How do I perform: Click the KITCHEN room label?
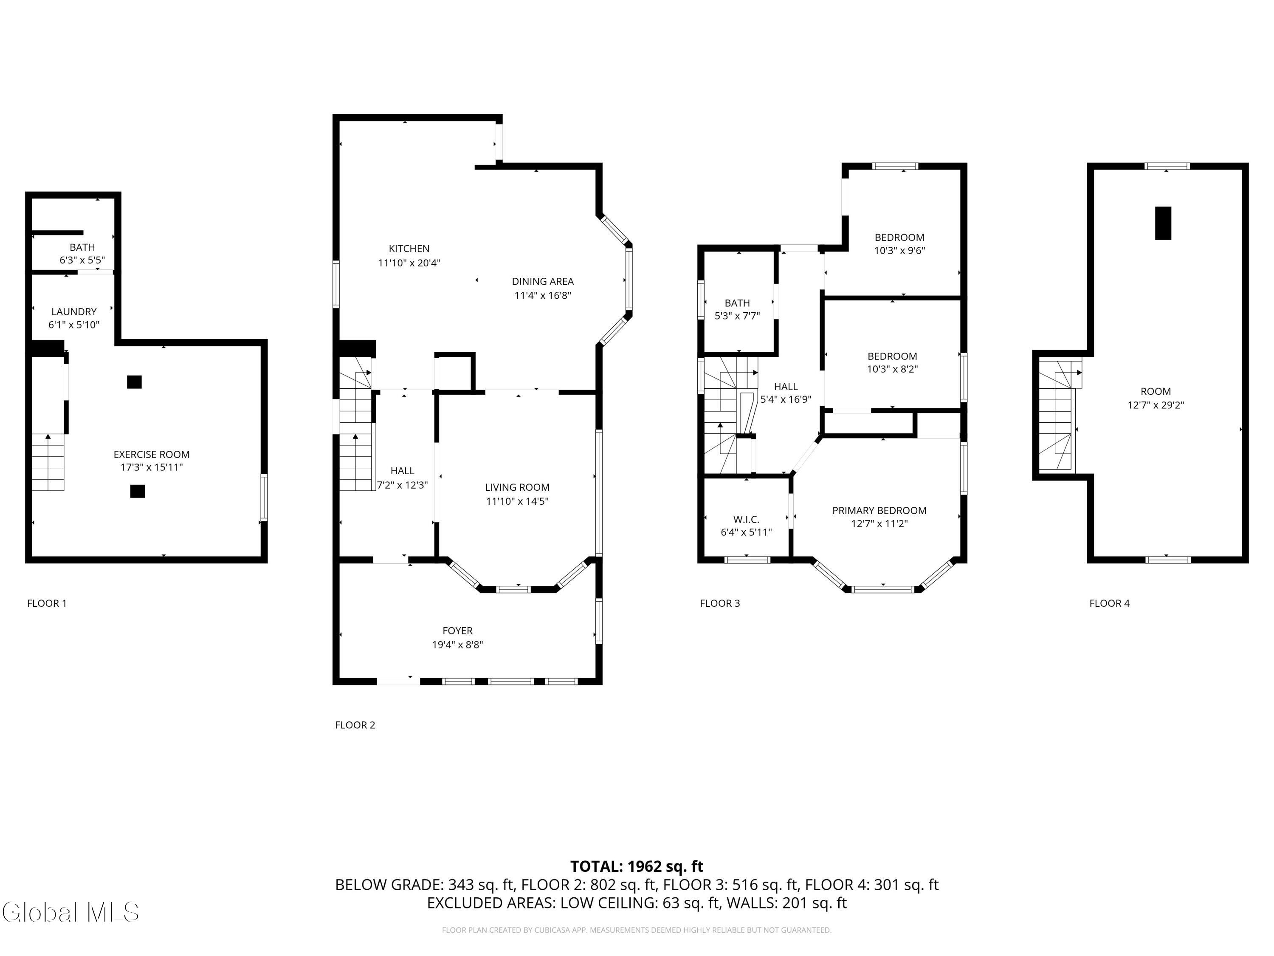[409, 249]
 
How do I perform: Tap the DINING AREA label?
[543, 282]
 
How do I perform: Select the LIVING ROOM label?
[517, 487]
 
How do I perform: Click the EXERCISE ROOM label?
[152, 455]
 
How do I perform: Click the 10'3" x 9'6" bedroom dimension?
[899, 251]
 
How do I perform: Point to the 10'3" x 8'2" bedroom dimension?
[892, 369]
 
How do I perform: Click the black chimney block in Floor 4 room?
[1164, 223]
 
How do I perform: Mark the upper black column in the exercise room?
[134, 382]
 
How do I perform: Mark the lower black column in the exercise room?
[137, 491]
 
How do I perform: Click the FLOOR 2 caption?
[355, 725]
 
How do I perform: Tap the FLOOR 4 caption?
[1109, 603]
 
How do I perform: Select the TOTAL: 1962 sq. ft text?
[637, 867]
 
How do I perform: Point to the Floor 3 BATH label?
[737, 303]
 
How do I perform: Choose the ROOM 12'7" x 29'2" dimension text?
[1156, 405]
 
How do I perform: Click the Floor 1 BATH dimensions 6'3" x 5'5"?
[82, 260]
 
